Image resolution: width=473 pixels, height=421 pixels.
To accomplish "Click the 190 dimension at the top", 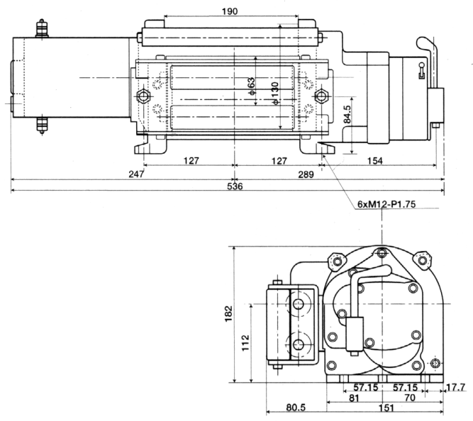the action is pyautogui.click(x=230, y=11).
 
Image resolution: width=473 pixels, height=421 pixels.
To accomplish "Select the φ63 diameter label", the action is pyautogui.click(x=251, y=86).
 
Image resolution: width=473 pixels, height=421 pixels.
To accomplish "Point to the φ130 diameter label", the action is pyautogui.click(x=275, y=94).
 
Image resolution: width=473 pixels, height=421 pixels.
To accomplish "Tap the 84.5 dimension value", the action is pyautogui.click(x=347, y=114).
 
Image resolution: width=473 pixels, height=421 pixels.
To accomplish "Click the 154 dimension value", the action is pyautogui.click(x=375, y=161).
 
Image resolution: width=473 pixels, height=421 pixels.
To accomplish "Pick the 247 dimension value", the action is pyautogui.click(x=136, y=174).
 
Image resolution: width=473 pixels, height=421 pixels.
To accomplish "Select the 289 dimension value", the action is pyautogui.click(x=306, y=174).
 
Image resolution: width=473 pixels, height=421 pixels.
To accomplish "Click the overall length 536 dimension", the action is pyautogui.click(x=235, y=186).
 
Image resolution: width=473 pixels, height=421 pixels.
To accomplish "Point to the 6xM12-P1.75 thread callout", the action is pyautogui.click(x=386, y=204).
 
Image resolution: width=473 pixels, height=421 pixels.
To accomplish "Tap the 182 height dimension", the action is pyautogui.click(x=228, y=314).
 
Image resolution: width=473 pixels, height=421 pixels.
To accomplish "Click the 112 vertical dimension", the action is pyautogui.click(x=245, y=342).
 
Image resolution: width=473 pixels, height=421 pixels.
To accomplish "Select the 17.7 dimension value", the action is pyautogui.click(x=455, y=388).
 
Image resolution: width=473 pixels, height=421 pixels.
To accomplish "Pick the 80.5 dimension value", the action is pyautogui.click(x=296, y=408).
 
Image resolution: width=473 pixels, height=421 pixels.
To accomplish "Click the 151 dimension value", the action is pyautogui.click(x=386, y=408).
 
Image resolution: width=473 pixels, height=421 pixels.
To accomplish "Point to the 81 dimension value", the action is pyautogui.click(x=354, y=398).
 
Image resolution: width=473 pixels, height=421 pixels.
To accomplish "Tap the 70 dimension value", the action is pyautogui.click(x=410, y=398).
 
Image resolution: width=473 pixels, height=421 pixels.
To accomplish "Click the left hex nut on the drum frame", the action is pyautogui.click(x=143, y=96).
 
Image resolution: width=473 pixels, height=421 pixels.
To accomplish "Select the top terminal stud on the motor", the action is pyautogui.click(x=42, y=28).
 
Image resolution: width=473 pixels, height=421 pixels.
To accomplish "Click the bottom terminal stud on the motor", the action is pyautogui.click(x=42, y=125).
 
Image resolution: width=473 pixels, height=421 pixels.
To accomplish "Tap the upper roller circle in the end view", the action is pyautogui.click(x=299, y=304).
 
